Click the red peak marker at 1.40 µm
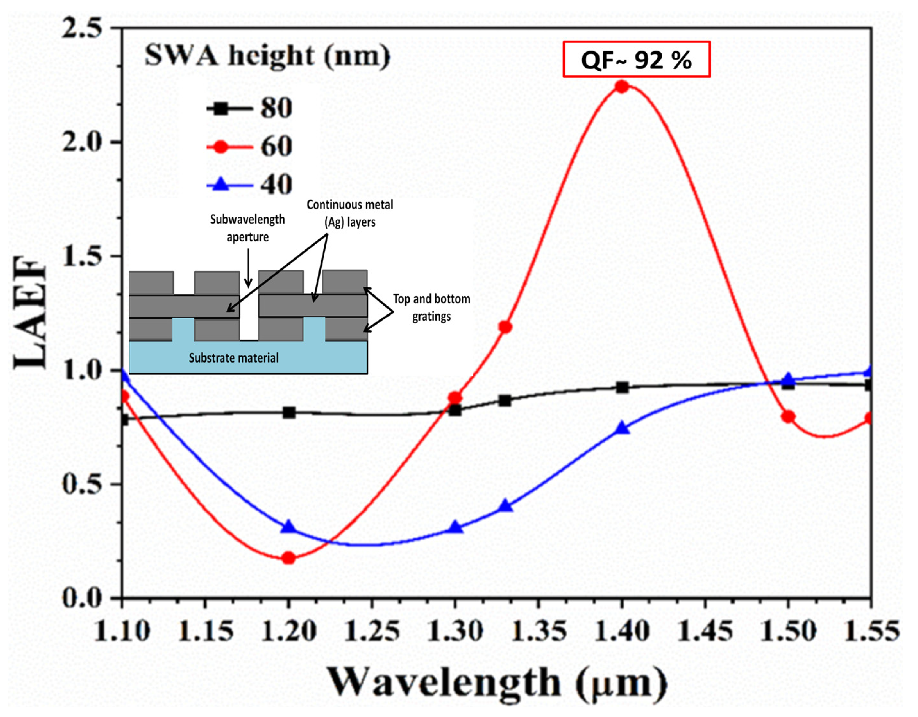[622, 87]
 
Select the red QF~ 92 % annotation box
[636, 60]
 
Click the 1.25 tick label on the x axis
[372, 631]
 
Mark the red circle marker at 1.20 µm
[288, 558]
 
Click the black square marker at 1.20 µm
[289, 412]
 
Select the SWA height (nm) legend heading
[267, 56]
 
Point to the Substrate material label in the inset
[234, 358]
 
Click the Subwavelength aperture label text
[248, 228]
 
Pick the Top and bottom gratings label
[432, 307]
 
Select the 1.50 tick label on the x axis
[789, 631]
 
